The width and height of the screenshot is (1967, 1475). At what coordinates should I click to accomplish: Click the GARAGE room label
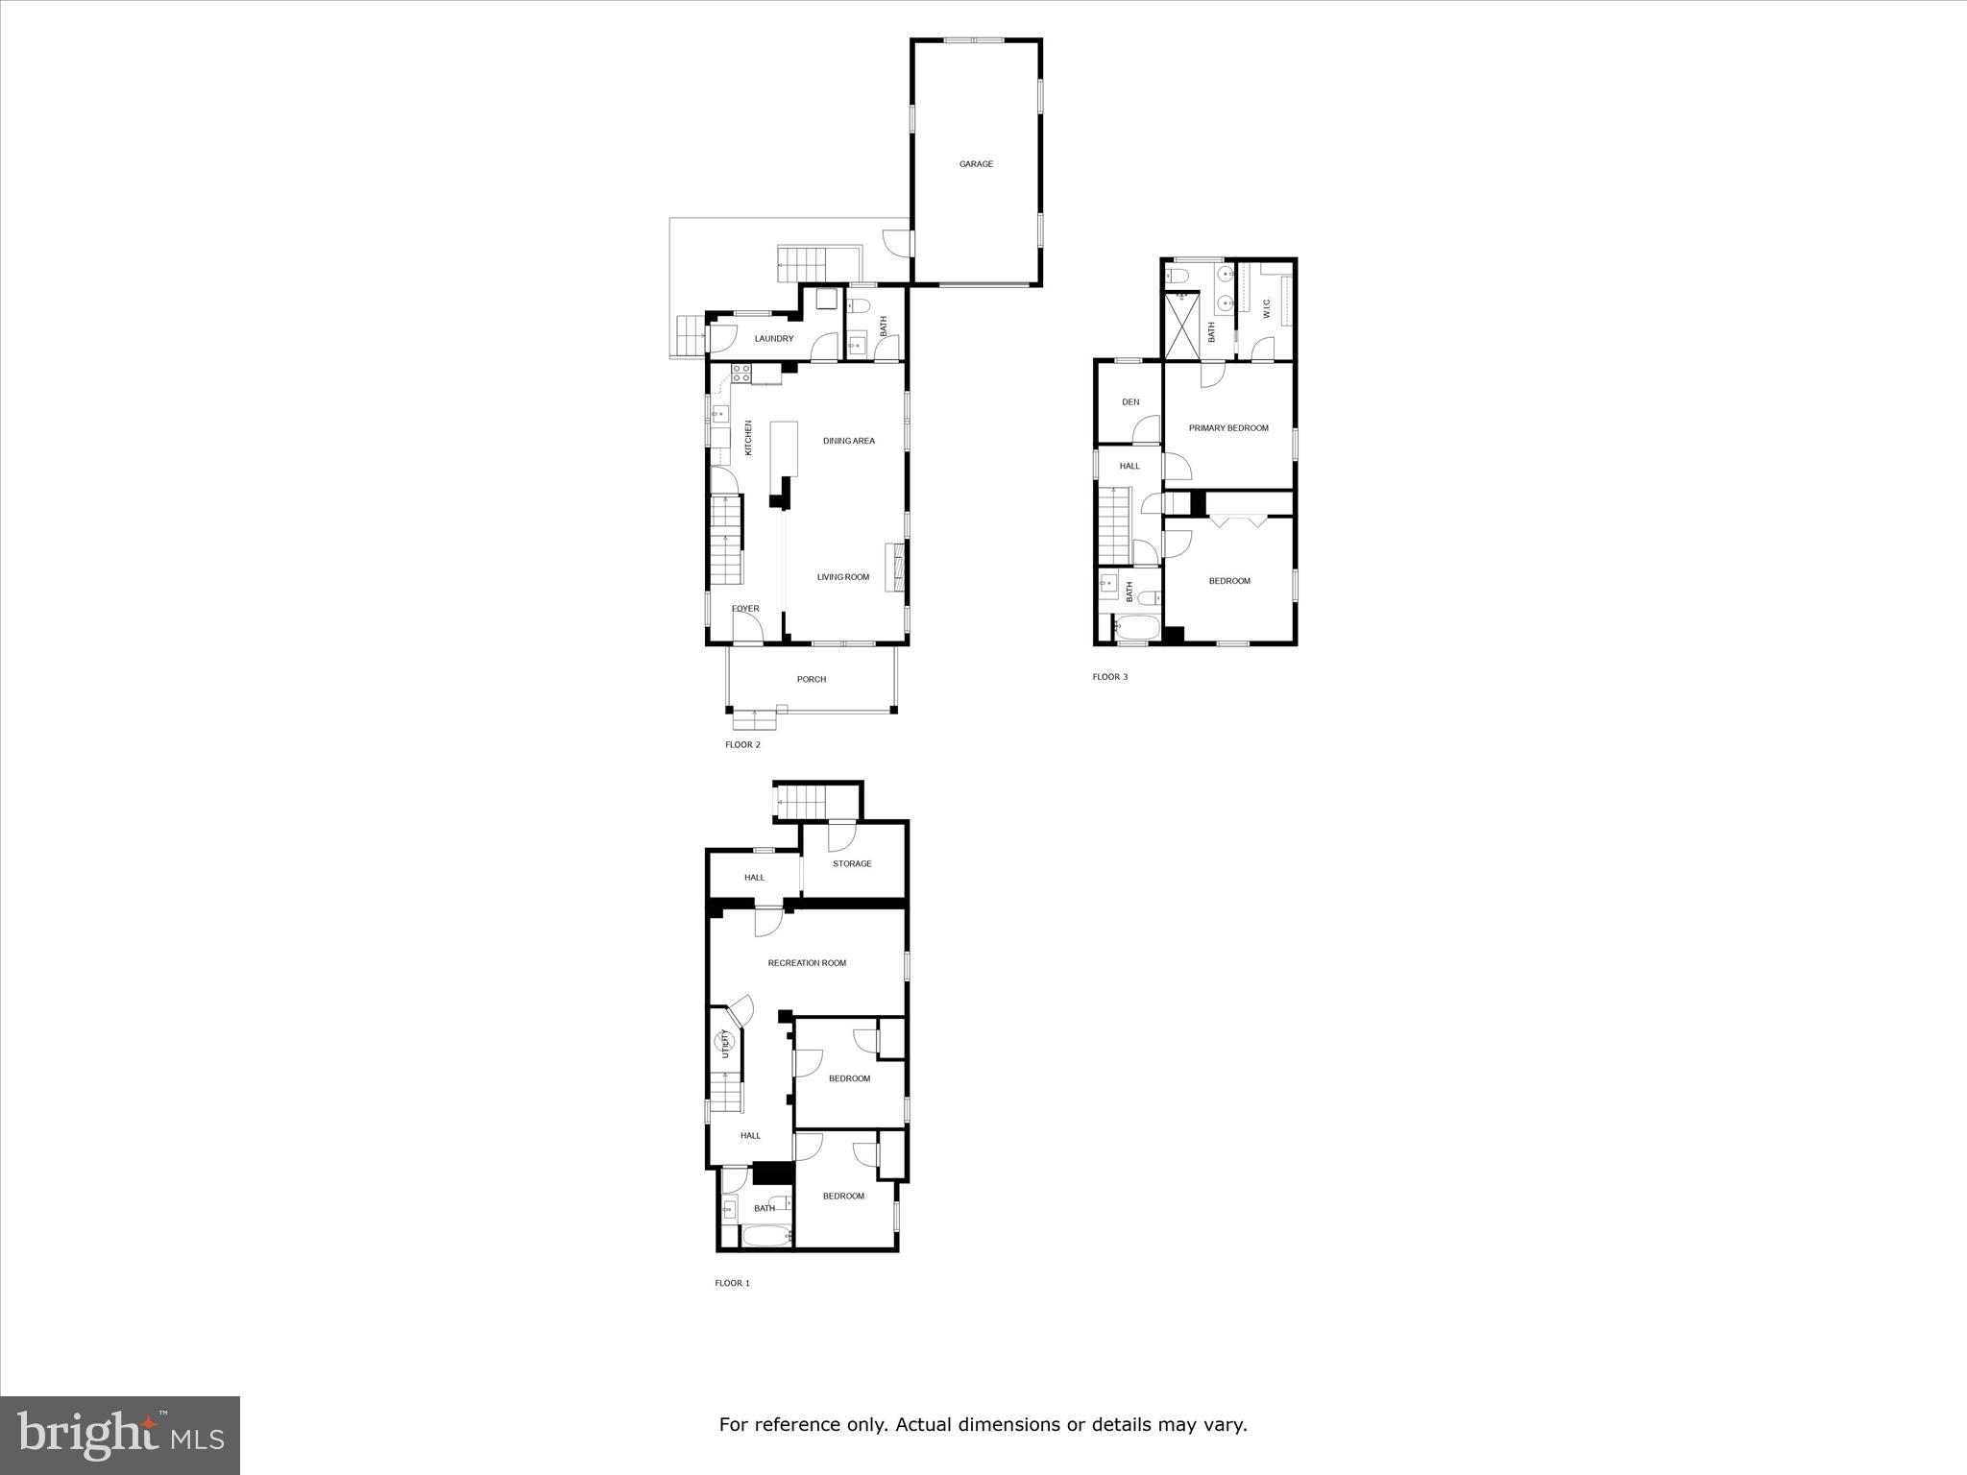pos(976,164)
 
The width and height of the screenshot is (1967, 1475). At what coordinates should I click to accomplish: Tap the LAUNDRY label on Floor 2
pos(774,339)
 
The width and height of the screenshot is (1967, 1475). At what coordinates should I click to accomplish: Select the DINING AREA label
pos(849,442)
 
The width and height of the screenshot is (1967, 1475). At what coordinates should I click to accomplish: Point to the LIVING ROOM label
pos(843,577)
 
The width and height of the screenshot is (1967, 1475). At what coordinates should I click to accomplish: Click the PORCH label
pos(812,680)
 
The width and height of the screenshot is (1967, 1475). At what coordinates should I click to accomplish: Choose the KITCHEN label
pos(749,438)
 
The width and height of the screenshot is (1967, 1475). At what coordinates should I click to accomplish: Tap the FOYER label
pos(745,609)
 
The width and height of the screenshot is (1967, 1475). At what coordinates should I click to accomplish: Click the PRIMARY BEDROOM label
pos(1228,428)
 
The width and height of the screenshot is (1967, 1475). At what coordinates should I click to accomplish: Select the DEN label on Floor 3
pos(1130,402)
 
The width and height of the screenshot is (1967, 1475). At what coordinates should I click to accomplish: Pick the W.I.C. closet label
pos(1266,309)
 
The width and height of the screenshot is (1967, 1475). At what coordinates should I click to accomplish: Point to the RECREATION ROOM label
pos(807,963)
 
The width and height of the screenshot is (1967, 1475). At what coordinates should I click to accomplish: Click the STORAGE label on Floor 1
pos(852,864)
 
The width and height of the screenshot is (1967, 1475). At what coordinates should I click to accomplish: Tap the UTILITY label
pos(726,1044)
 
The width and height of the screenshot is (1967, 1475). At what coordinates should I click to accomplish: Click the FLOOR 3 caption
pos(1110,677)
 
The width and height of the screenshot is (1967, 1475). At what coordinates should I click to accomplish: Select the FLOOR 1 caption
pos(732,1283)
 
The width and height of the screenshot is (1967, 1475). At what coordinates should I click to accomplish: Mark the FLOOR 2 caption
pos(742,745)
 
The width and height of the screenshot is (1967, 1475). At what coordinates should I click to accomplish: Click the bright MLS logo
pos(120,1436)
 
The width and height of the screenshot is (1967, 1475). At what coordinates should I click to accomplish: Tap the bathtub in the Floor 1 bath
pos(765,1236)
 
